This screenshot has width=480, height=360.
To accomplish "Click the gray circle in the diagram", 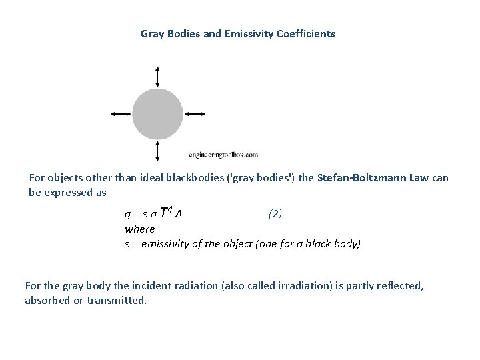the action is click(x=157, y=114).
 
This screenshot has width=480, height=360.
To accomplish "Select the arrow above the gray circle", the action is click(x=157, y=77).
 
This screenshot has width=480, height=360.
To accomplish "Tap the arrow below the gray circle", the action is click(x=157, y=151).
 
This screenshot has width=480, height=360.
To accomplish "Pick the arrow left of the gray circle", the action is click(x=121, y=114).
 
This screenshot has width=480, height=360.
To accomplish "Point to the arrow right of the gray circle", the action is click(x=194, y=114).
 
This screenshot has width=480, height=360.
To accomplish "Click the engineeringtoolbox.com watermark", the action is click(x=223, y=155).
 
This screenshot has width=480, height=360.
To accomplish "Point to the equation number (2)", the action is click(x=275, y=214).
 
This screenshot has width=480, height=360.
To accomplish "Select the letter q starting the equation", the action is click(x=127, y=215).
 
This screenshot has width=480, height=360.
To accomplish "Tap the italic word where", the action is click(x=139, y=229).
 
